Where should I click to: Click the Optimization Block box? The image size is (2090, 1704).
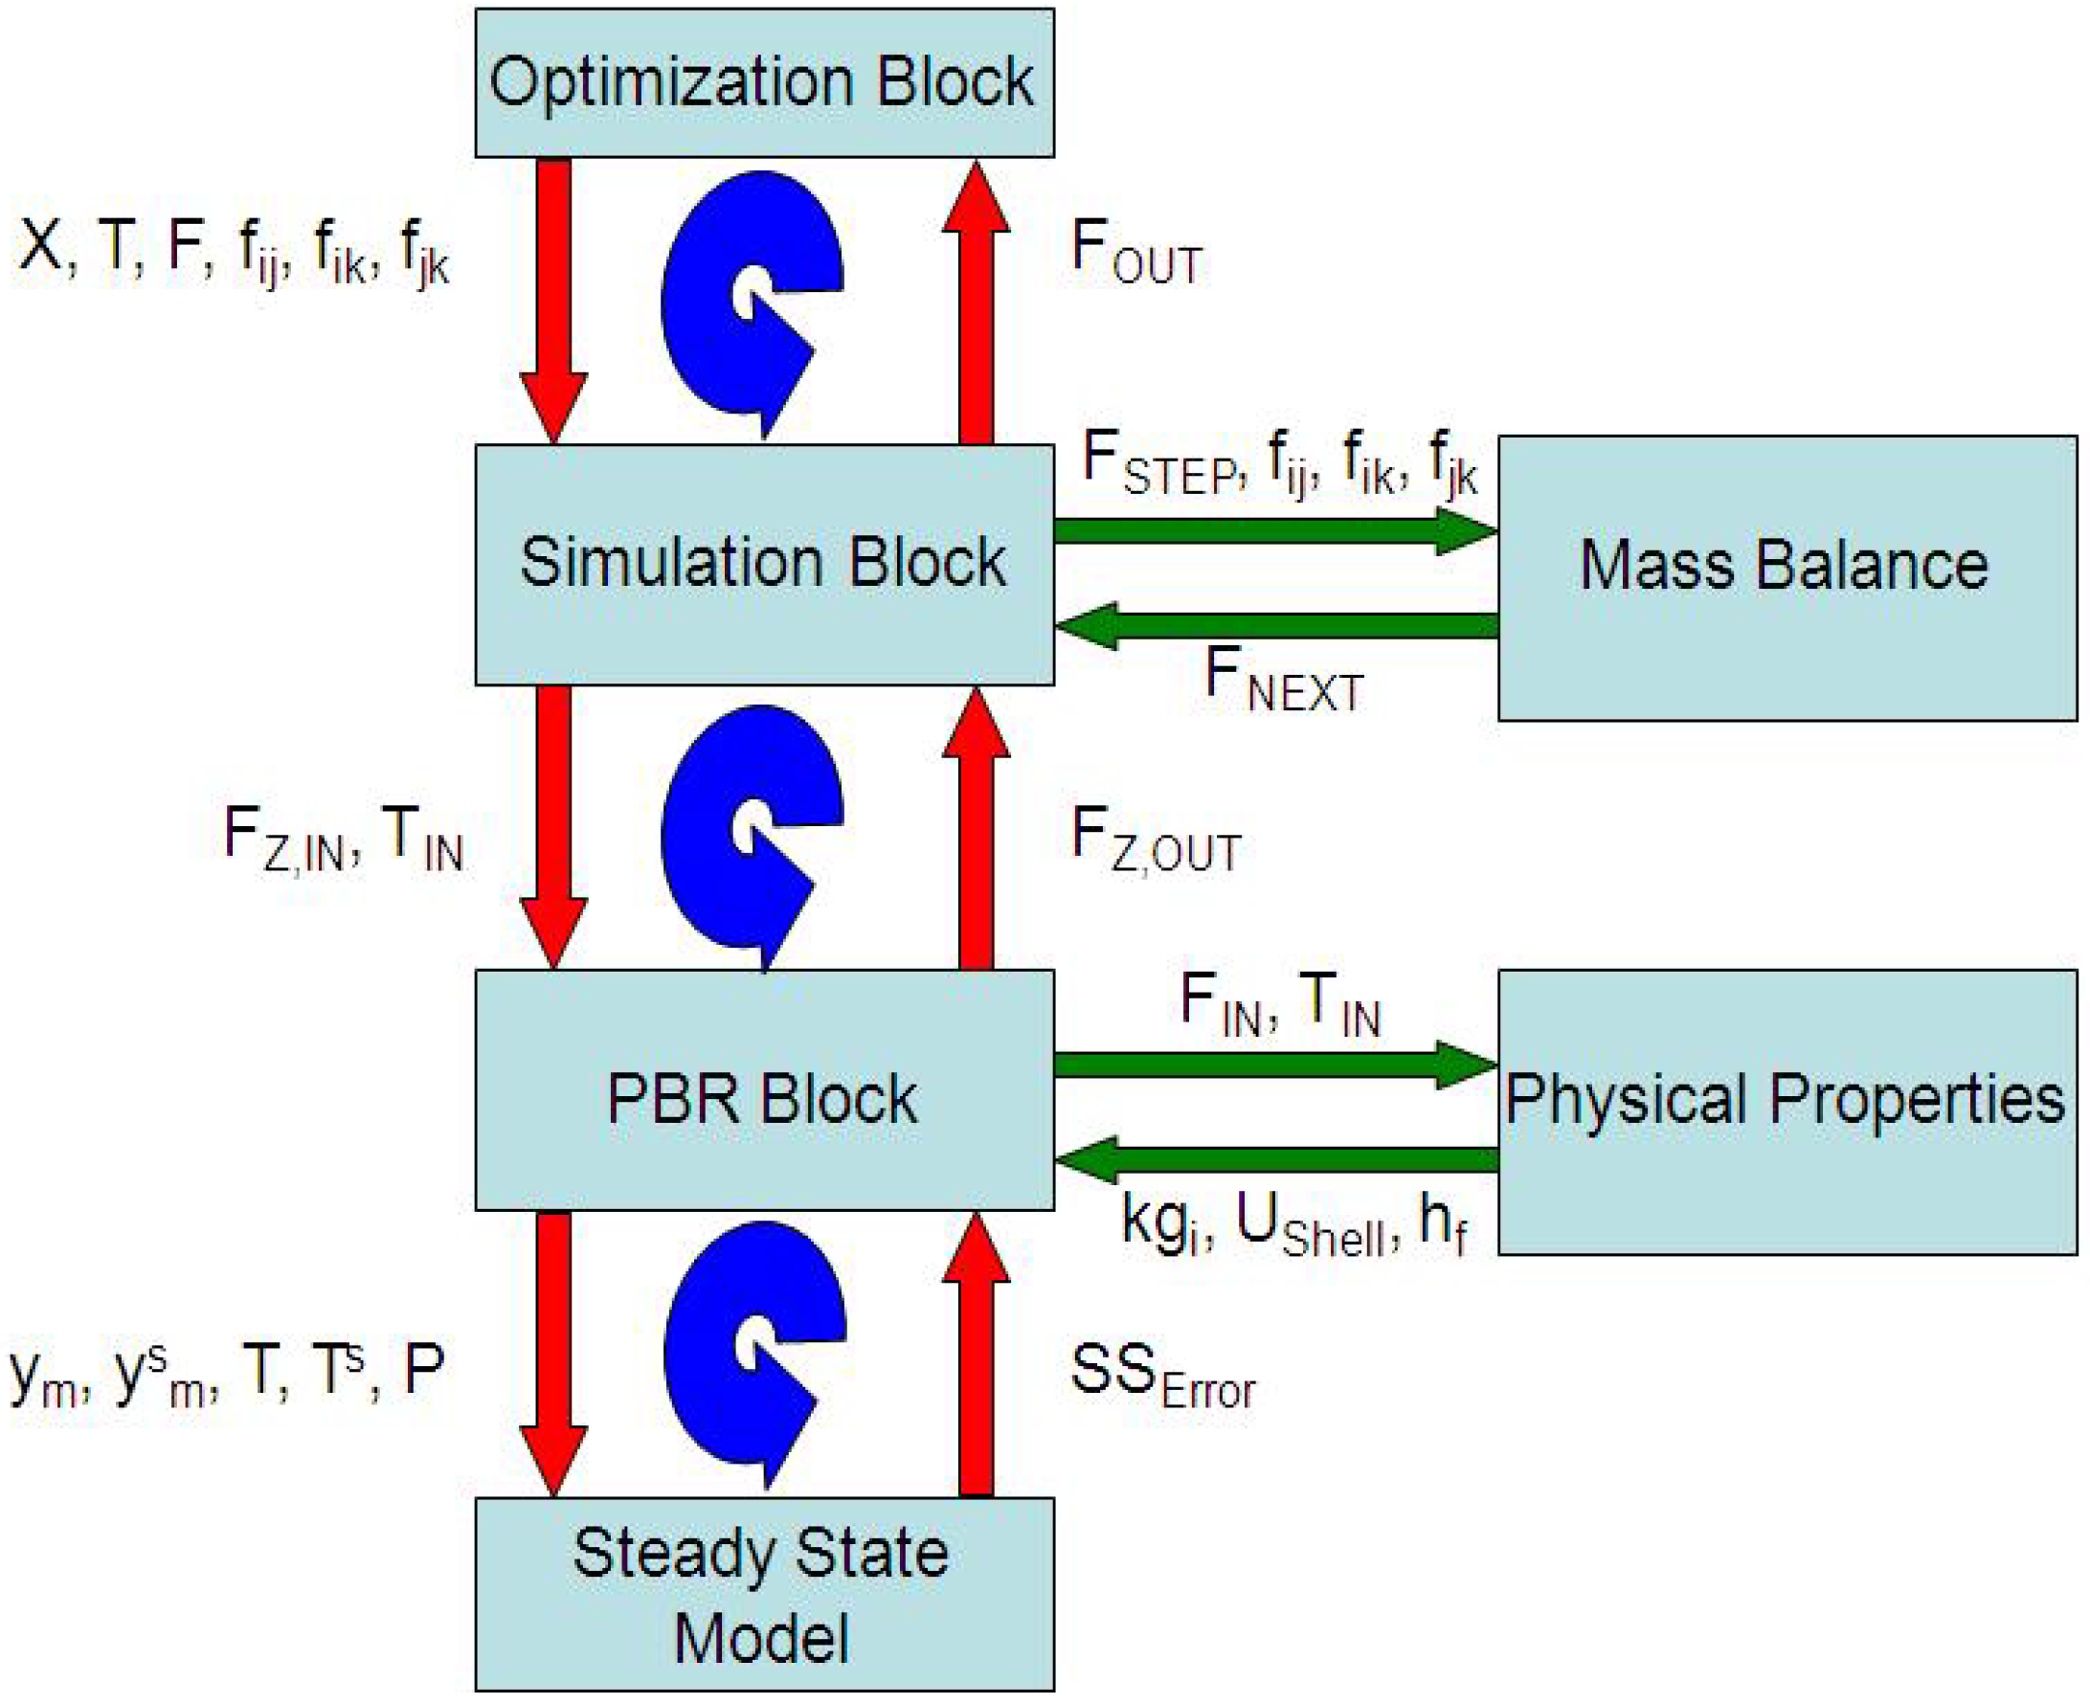[x=764, y=82]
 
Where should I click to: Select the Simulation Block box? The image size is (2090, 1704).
[x=764, y=564]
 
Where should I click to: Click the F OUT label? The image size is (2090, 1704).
[x=1135, y=254]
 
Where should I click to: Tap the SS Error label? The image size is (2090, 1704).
[x=1161, y=1377]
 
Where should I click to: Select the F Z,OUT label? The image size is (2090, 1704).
[x=1155, y=841]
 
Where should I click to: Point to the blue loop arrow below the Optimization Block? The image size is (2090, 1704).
[x=751, y=300]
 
